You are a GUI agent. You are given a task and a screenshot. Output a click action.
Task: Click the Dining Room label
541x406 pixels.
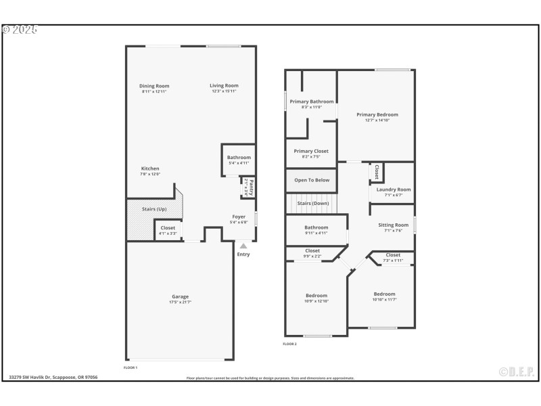tap(154, 86)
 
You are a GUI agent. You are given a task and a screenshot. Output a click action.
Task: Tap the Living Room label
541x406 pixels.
tap(224, 86)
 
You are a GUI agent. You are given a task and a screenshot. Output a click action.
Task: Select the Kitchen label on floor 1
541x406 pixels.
tap(150, 168)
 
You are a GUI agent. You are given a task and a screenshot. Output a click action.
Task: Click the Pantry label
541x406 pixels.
tap(250, 185)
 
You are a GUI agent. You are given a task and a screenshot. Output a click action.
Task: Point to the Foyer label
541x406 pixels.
tap(239, 217)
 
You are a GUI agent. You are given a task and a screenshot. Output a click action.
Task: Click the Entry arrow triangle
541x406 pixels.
tap(243, 245)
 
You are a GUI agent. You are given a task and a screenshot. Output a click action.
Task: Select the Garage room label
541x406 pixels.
tap(180, 296)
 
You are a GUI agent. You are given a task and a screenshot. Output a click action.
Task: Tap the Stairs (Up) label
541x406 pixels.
tap(154, 209)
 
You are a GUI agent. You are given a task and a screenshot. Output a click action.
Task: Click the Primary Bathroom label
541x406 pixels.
tap(306, 101)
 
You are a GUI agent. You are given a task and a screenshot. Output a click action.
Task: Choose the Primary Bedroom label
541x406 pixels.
tap(377, 115)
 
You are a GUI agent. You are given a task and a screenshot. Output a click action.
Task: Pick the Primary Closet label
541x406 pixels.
tap(311, 151)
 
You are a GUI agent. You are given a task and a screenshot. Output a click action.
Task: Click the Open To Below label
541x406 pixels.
tap(311, 180)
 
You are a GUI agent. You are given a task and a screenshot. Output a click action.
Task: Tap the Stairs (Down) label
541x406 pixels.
tap(313, 203)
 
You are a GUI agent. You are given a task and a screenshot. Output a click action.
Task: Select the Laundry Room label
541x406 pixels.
tap(394, 189)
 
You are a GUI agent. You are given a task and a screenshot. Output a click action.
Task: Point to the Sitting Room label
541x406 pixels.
tap(393, 225)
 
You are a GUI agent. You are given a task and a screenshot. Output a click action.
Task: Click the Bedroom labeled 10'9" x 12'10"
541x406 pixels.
tap(316, 296)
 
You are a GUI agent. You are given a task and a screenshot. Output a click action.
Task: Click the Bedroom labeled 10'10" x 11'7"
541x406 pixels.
tap(384, 294)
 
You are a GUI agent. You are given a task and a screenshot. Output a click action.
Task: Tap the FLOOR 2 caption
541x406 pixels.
tap(290, 344)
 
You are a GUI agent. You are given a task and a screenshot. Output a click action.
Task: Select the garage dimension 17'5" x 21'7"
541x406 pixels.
tap(180, 302)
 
